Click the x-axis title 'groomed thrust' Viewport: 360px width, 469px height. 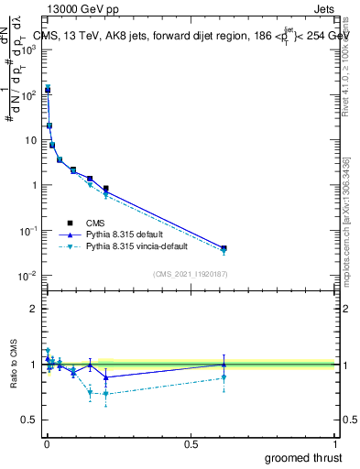tap(302, 456)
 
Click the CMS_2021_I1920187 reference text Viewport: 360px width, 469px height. tap(189, 273)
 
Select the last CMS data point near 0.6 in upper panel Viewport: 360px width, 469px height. tap(224, 248)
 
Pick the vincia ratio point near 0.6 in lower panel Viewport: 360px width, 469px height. tap(224, 376)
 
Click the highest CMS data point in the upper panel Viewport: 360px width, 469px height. tap(48, 90)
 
